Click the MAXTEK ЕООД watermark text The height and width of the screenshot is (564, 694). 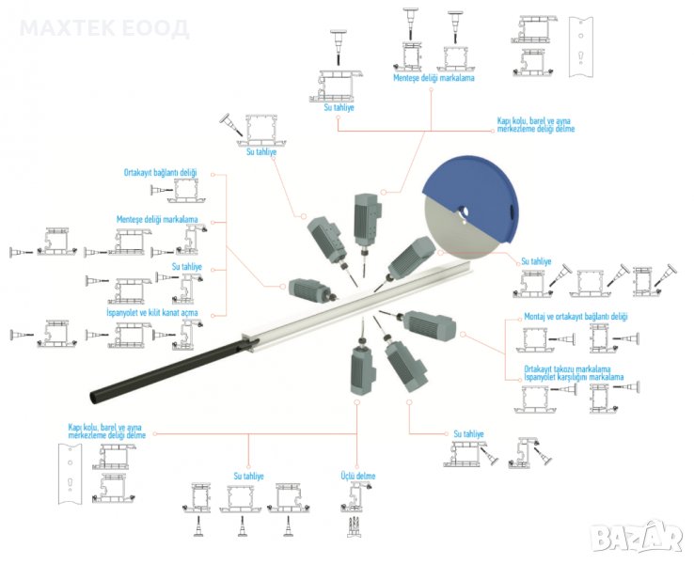click(x=103, y=28)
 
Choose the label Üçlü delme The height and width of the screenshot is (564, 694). click(x=357, y=477)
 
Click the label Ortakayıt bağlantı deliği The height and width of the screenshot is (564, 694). click(x=161, y=173)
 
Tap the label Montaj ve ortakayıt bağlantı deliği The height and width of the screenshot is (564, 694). click(x=575, y=318)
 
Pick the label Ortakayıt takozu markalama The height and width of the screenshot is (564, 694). click(x=570, y=368)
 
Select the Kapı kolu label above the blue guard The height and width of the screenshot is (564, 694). click(x=536, y=124)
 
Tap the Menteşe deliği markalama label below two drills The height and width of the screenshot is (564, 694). click(x=434, y=79)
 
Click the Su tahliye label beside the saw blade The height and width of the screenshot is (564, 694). click(x=536, y=260)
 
